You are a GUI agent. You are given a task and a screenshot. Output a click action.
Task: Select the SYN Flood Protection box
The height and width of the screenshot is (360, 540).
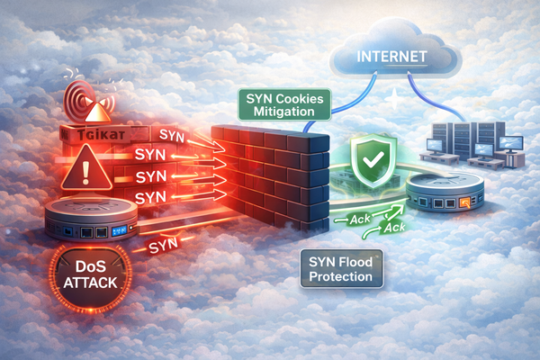click(341, 268)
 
